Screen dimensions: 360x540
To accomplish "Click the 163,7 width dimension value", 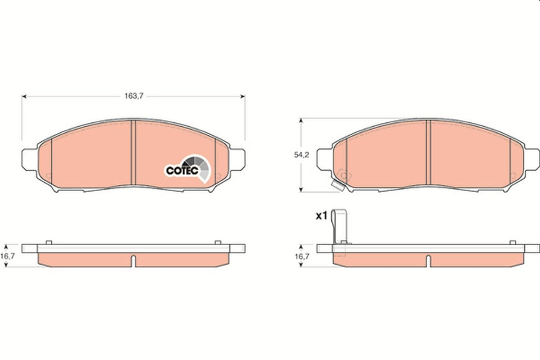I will pyautogui.click(x=133, y=96).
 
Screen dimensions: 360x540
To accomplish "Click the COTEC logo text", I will pyautogui.click(x=181, y=169).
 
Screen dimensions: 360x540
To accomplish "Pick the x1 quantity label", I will pyautogui.click(x=321, y=216).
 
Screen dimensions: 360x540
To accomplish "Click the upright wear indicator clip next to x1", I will pyautogui.click(x=340, y=227).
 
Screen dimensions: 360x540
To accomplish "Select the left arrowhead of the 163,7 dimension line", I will pyautogui.click(x=24, y=96).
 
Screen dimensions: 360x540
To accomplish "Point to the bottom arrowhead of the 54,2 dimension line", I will pyautogui.click(x=301, y=191).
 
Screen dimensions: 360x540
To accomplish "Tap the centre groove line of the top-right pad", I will pyautogui.click(x=429, y=154).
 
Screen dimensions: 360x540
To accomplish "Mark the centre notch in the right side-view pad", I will pyautogui.click(x=427, y=260).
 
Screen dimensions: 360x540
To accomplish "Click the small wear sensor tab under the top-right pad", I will pyautogui.click(x=338, y=185).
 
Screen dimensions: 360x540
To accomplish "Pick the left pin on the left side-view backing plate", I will pyautogui.click(x=49, y=243).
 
